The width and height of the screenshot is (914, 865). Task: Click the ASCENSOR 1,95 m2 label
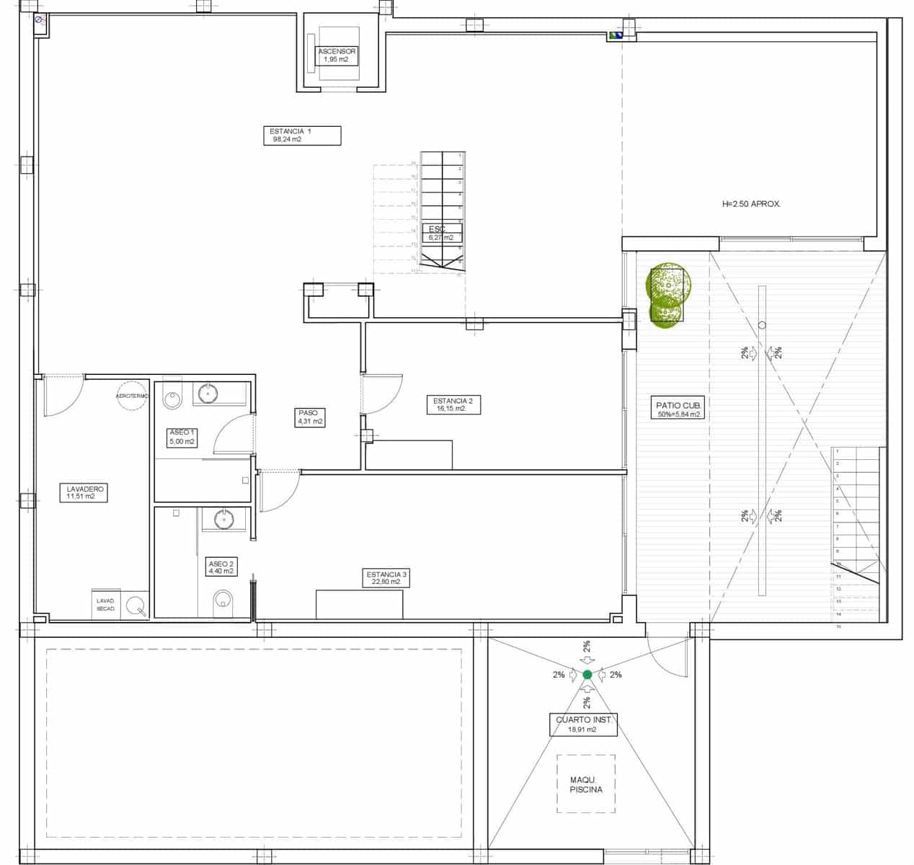pos(337,56)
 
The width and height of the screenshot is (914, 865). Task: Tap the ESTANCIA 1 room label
pos(302,136)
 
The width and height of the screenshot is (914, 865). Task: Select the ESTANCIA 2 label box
pos(452,404)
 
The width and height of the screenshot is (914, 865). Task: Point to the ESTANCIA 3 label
pos(386,578)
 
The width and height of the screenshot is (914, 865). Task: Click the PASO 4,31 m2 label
pos(309,417)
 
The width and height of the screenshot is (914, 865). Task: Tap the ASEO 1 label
pos(182,437)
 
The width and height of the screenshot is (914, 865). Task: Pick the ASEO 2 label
pos(220,567)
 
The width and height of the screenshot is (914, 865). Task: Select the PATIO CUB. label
pos(678,409)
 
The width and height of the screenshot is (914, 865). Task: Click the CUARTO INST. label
pos(582,724)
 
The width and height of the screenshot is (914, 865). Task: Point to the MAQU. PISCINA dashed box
pos(585,784)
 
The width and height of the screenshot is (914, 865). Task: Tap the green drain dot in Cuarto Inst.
pos(587,675)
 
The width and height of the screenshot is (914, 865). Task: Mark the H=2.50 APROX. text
pos(751,204)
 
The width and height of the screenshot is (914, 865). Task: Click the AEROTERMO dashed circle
pos(132,396)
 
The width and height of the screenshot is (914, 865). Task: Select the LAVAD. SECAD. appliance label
pos(106,605)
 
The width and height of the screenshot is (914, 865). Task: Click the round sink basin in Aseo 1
pos(208,394)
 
